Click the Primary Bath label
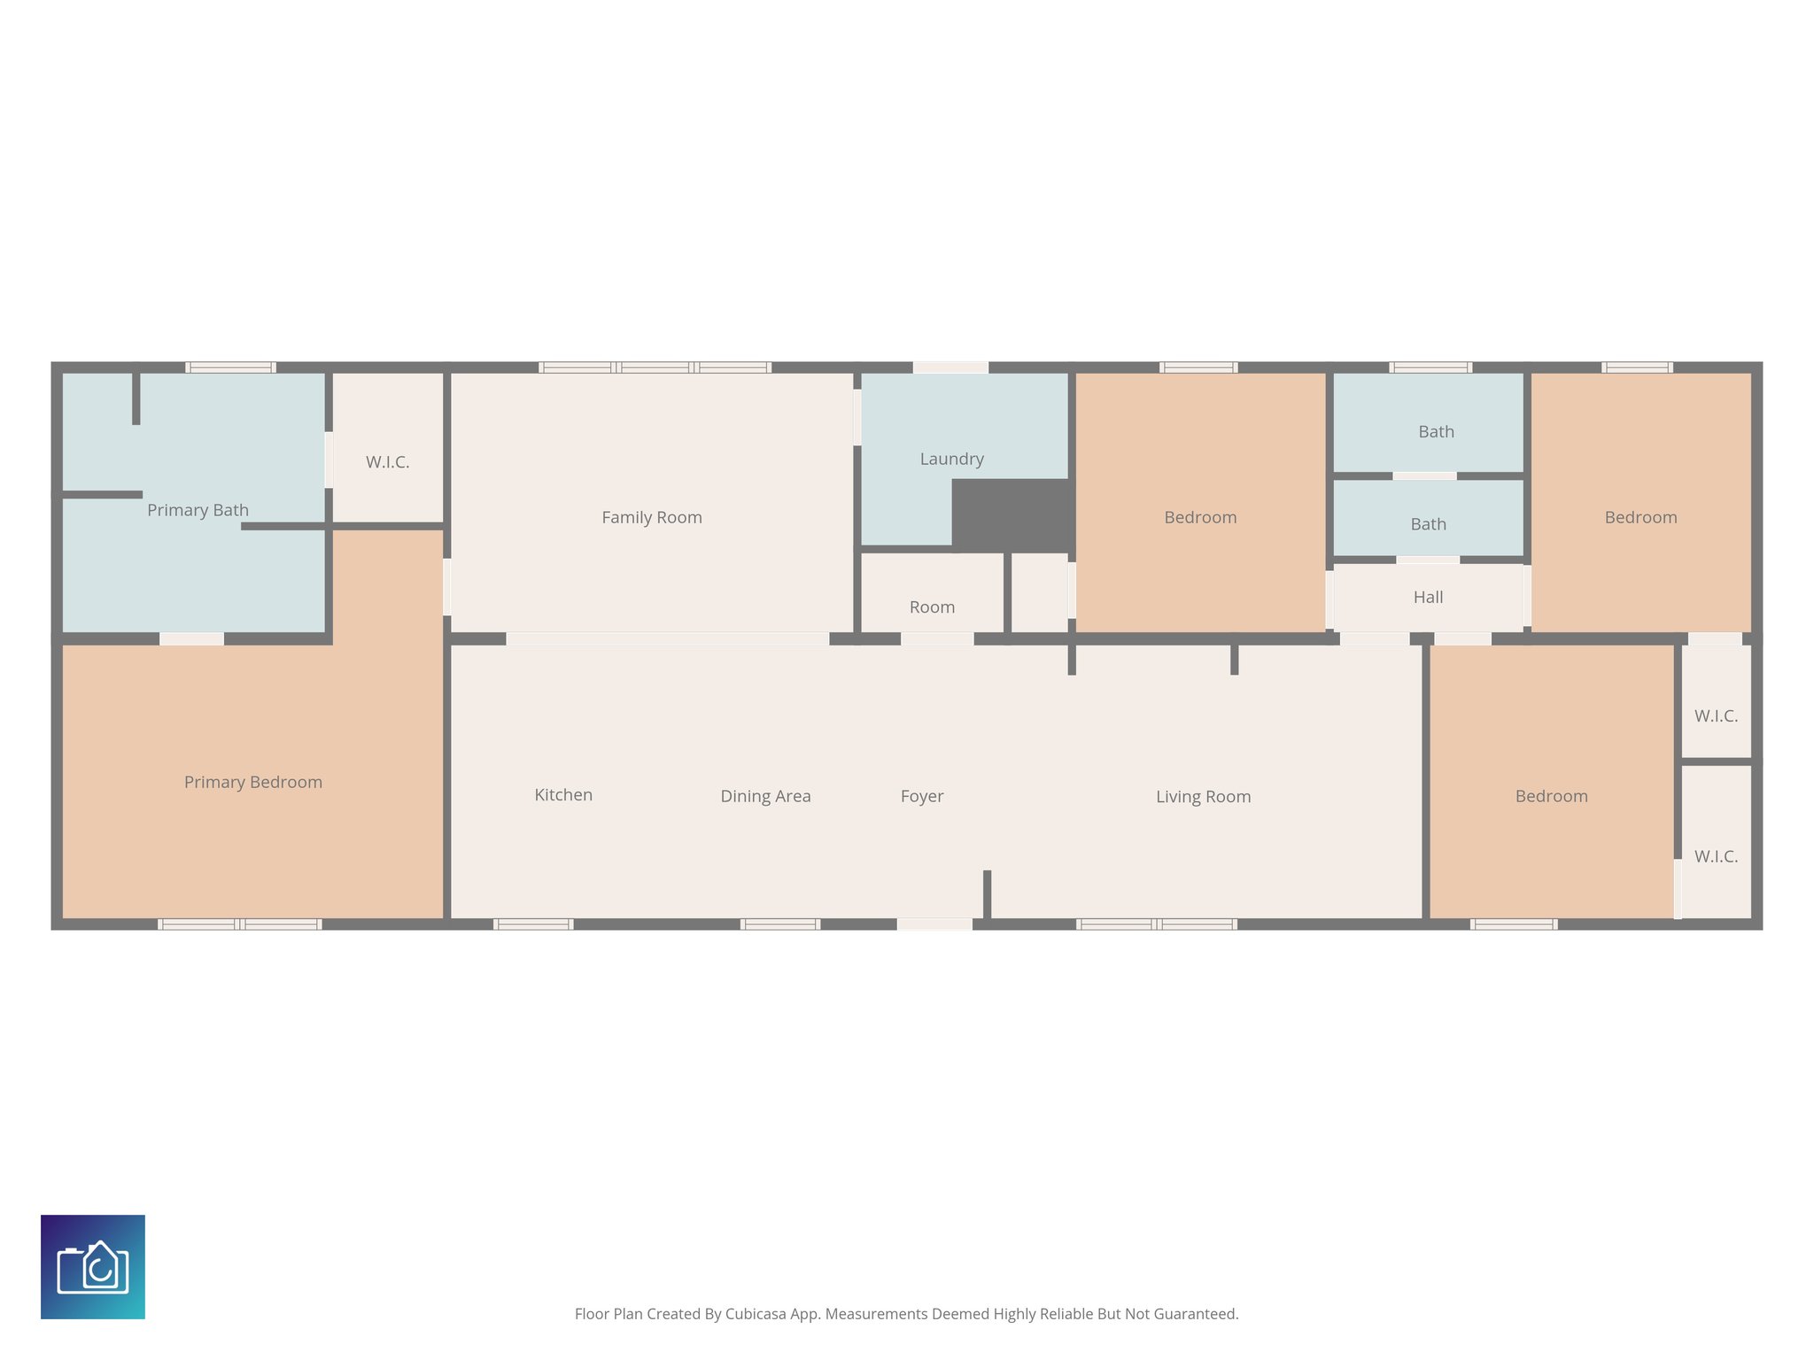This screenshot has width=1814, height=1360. click(198, 510)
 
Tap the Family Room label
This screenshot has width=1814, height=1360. click(652, 517)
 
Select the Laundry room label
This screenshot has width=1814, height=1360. click(951, 459)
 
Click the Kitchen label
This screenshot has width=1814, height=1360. click(563, 795)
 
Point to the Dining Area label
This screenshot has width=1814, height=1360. click(765, 796)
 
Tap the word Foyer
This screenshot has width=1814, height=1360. click(921, 796)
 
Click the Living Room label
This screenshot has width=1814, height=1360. click(1203, 796)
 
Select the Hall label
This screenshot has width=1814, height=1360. click(1428, 597)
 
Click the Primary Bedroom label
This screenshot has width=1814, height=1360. click(252, 782)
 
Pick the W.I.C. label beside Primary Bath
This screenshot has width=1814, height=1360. click(387, 462)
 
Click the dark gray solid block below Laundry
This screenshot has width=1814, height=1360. click(1011, 514)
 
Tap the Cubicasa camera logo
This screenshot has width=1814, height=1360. click(93, 1267)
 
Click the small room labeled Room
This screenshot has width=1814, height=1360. click(932, 607)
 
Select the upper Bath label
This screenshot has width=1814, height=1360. click(1436, 432)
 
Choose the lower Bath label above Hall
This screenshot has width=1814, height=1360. click(1428, 524)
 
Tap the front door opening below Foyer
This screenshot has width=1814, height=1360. click(934, 924)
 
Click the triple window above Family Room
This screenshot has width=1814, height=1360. click(655, 367)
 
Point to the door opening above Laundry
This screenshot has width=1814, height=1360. click(950, 367)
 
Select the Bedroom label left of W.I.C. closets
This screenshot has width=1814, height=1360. click(1551, 796)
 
